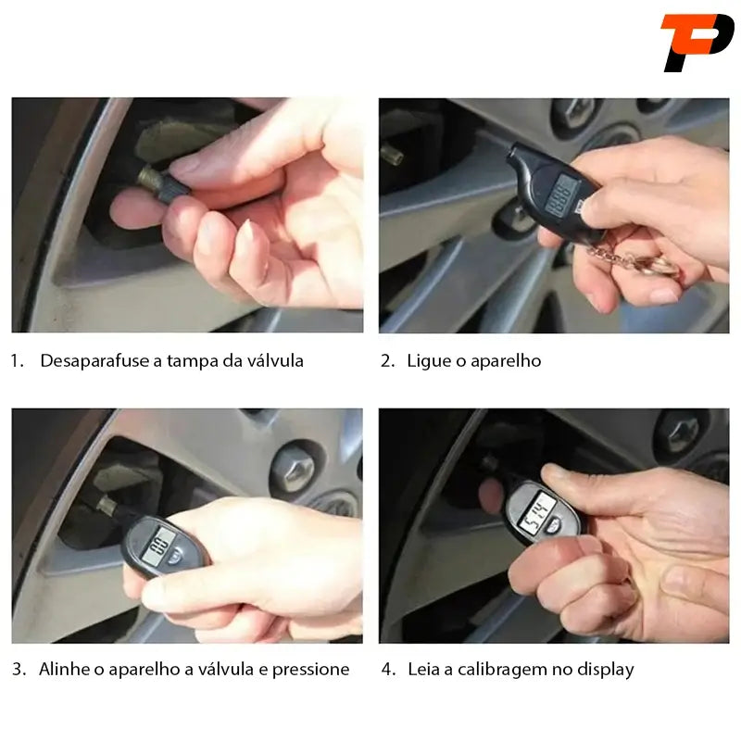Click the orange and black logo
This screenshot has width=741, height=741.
(x=697, y=43)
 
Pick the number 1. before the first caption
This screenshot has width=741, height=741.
(x=17, y=361)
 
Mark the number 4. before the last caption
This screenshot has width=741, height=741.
(x=388, y=670)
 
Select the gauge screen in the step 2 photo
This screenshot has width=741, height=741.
(x=561, y=195)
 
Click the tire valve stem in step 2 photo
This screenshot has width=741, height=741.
(x=393, y=155)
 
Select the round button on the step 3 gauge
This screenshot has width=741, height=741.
(x=175, y=557)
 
